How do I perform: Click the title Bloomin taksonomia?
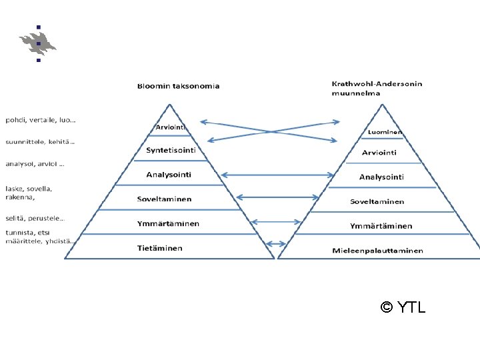[178, 86]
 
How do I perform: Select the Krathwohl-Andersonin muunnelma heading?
[377, 88]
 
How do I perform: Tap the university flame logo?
[38, 43]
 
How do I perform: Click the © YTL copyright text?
[403, 307]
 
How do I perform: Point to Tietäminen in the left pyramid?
[160, 248]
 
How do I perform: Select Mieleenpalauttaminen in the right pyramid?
[377, 251]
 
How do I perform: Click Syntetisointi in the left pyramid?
[171, 150]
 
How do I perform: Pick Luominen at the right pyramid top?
[385, 133]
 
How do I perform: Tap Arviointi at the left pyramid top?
[171, 127]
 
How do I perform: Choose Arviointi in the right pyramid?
[379, 153]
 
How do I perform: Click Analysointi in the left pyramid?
[169, 175]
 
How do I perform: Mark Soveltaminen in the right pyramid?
[377, 201]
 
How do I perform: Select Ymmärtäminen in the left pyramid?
[168, 223]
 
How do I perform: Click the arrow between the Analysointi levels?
[277, 175]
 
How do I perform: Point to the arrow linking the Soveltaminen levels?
[277, 197]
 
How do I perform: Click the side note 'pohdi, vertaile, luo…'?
[41, 121]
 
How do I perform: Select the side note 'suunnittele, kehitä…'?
[41, 141]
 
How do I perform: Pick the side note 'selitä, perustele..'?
[35, 218]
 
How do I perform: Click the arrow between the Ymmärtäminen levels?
[277, 222]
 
